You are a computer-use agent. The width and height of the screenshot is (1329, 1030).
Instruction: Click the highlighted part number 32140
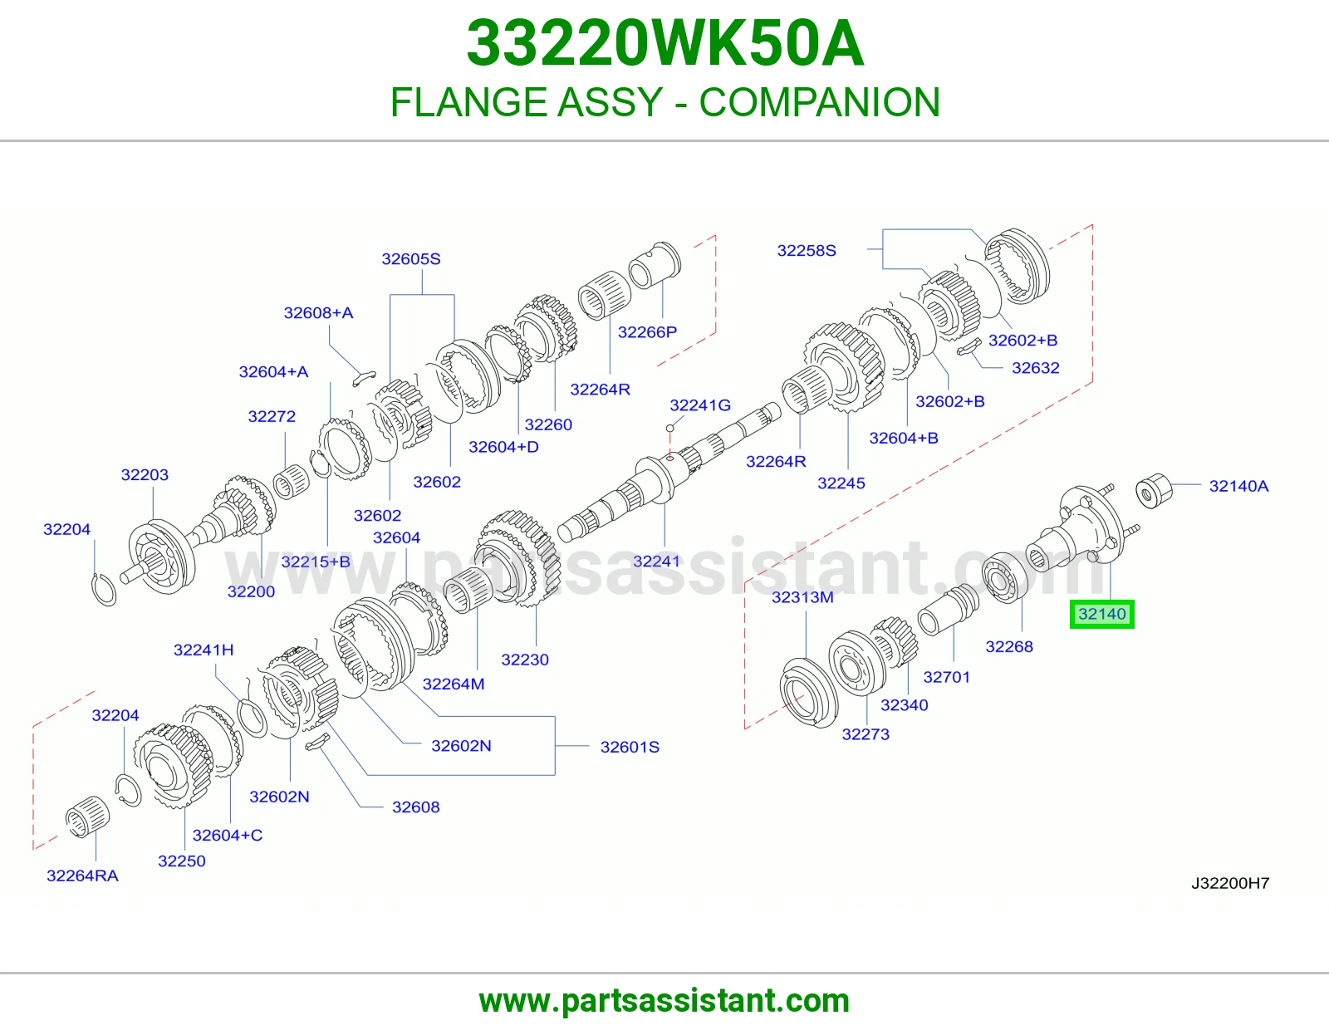(x=1101, y=614)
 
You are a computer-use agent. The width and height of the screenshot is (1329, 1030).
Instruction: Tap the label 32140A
(x=1238, y=486)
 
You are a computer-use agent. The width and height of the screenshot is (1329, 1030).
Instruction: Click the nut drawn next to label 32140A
(x=1154, y=491)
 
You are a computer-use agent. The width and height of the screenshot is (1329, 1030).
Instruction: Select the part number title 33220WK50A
(x=664, y=43)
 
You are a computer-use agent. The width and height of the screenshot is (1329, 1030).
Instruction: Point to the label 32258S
(x=806, y=251)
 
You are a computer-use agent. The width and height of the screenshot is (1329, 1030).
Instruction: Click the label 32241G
(x=699, y=405)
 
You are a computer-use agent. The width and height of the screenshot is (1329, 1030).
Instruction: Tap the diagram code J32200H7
(x=1230, y=883)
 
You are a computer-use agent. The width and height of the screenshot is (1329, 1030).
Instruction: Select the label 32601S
(x=630, y=747)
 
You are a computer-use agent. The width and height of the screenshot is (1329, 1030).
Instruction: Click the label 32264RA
(x=82, y=875)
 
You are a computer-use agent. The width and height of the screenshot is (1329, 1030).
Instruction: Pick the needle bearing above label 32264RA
(x=87, y=817)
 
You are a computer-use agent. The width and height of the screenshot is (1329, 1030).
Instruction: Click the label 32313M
(x=802, y=597)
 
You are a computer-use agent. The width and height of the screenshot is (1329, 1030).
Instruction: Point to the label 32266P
(x=647, y=332)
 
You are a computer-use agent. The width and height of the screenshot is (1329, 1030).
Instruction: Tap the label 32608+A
(x=318, y=313)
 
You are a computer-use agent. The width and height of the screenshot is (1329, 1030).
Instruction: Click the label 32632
(x=1035, y=368)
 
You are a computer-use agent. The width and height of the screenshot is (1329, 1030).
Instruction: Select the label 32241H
(x=203, y=650)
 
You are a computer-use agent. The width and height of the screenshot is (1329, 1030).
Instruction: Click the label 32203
(x=145, y=474)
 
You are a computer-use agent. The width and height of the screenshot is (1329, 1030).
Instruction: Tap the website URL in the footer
(x=664, y=1001)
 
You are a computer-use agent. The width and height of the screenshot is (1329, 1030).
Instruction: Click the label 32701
(x=946, y=677)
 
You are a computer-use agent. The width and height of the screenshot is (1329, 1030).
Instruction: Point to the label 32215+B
(x=316, y=562)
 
